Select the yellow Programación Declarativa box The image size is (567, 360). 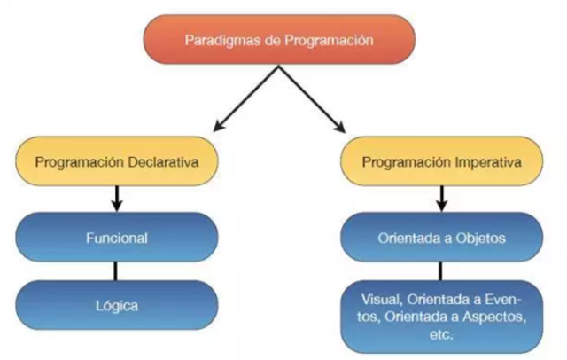tap(115, 163)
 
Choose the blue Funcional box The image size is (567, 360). tap(116, 238)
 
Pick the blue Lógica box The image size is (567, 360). tap(116, 305)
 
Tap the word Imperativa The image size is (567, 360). tap(485, 163)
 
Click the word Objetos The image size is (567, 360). tap(481, 238)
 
